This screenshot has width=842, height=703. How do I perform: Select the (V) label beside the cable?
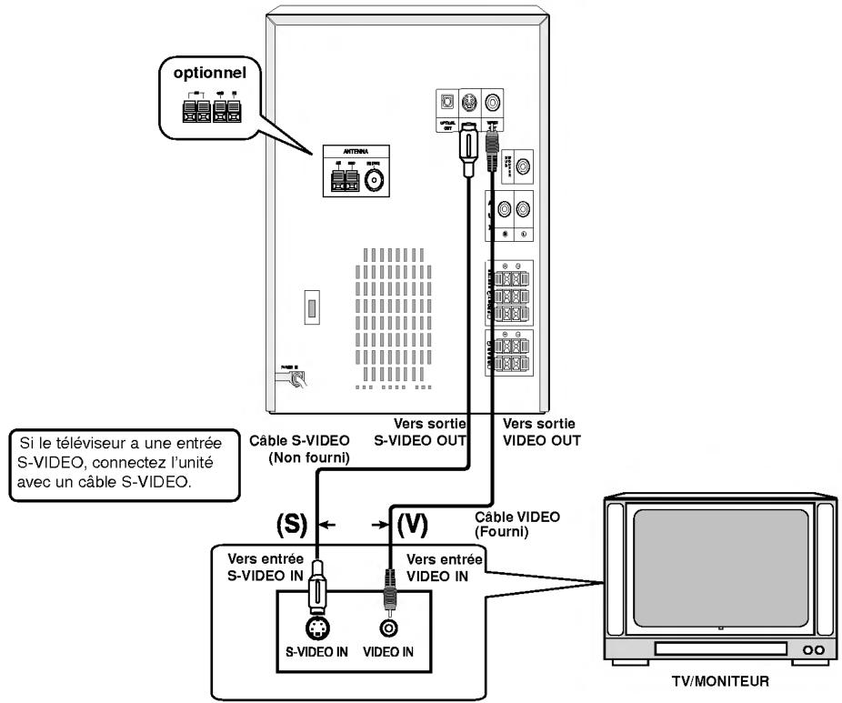click(x=413, y=525)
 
